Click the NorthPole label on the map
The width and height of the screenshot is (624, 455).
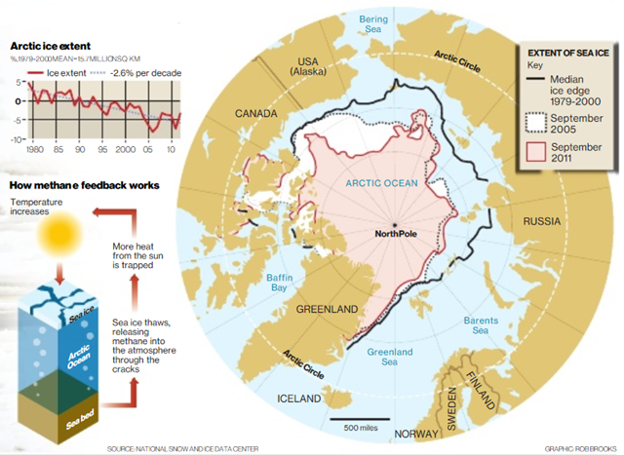click(x=402, y=234)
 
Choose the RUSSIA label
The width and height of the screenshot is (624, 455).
click(x=542, y=220)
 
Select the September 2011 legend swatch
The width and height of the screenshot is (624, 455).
click(x=536, y=153)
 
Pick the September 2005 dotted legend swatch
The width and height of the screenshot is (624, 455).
click(x=536, y=121)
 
